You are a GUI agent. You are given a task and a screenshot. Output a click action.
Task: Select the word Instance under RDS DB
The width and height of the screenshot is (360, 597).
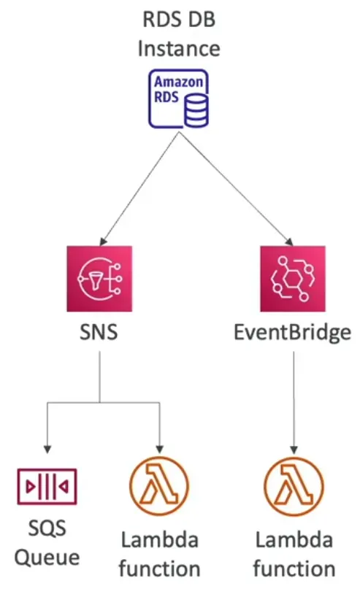[179, 49]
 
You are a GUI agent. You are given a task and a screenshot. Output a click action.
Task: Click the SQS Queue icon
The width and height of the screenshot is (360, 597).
[47, 486]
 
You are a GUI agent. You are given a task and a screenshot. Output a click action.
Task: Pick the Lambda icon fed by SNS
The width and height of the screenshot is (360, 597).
[158, 486]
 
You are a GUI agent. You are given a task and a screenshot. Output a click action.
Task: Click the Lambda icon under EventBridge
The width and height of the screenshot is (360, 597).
[294, 486]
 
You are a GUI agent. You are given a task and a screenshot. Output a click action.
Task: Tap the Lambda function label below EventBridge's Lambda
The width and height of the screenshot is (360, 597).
[294, 554]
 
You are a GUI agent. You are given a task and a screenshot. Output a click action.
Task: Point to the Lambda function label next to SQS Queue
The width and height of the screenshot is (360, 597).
[158, 554]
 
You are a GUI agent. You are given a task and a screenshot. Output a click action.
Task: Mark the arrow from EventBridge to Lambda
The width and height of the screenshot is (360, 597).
[294, 401]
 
